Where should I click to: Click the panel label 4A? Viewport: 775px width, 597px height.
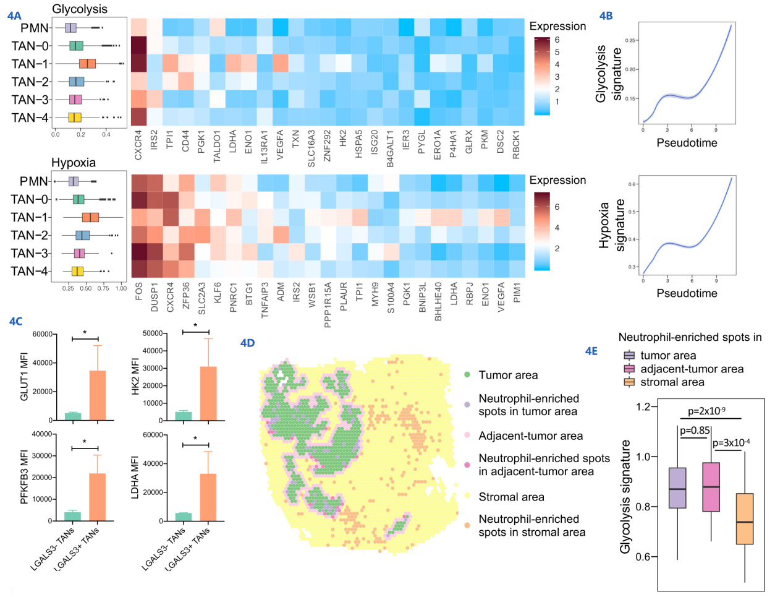[x=14, y=15]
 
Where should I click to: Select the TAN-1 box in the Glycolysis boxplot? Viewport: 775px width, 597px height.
[x=87, y=64]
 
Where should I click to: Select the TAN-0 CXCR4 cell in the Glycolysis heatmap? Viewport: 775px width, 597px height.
[x=138, y=45]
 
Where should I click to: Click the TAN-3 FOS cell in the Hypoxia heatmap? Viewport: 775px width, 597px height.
[x=140, y=252]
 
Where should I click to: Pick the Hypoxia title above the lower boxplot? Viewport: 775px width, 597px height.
[x=74, y=163]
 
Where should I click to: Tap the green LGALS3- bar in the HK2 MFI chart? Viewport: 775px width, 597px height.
[x=184, y=416]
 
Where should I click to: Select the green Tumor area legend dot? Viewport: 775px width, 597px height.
[x=467, y=375]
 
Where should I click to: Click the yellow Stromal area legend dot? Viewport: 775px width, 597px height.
[x=467, y=497]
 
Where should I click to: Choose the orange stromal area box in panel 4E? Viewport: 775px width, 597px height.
[x=745, y=518]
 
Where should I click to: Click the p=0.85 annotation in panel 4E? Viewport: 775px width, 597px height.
[x=695, y=431]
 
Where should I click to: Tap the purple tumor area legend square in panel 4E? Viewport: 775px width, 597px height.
[x=629, y=356]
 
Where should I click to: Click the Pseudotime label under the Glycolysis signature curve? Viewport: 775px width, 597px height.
[x=687, y=143]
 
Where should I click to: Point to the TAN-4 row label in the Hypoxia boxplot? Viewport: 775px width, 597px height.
[x=30, y=271]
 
